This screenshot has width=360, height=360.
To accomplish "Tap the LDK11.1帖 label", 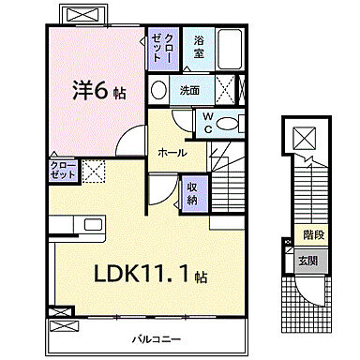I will (150, 275).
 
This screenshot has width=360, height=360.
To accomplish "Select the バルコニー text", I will (151, 337).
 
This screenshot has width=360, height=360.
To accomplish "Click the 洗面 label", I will (190, 90).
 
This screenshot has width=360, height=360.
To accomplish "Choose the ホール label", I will (172, 153).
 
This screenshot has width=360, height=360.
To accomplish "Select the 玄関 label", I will (307, 260).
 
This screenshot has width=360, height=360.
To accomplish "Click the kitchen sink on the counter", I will (95, 224).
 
